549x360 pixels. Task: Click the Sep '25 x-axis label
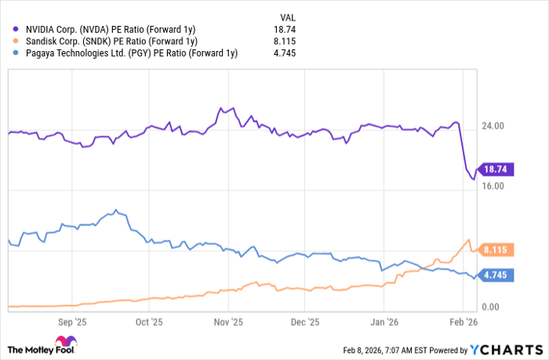pos(72,322)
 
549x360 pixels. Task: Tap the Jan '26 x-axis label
pos(384,322)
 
